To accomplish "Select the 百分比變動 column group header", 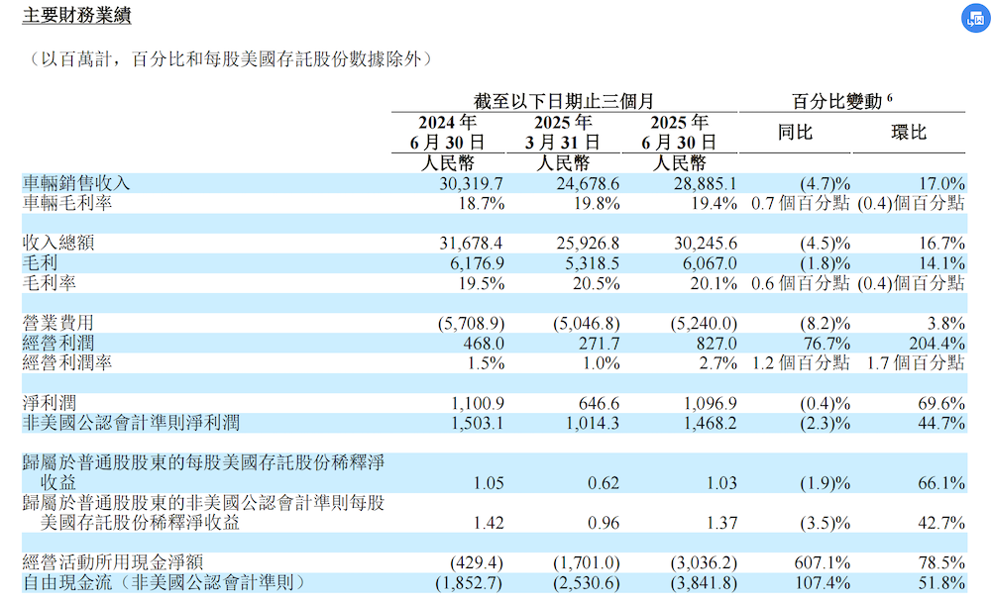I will tap(842, 100).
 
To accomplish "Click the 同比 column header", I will tap(795, 132).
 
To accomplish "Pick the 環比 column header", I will tap(909, 132).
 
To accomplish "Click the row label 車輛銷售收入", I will tap(76, 183).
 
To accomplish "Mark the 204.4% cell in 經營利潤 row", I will tap(936, 343).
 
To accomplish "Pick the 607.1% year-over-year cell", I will tap(824, 562).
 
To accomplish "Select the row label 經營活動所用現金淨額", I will tap(112, 562).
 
